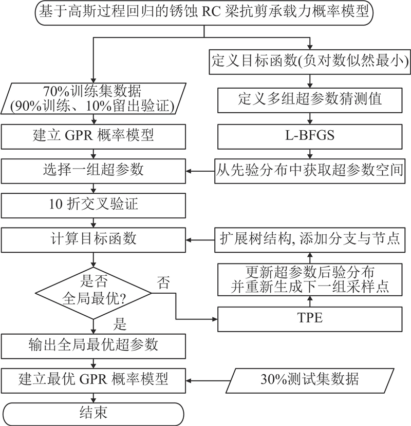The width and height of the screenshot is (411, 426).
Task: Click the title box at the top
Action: [x=204, y=12]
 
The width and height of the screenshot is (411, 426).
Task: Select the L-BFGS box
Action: [x=310, y=136]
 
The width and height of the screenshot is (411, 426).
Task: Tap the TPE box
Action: [x=310, y=318]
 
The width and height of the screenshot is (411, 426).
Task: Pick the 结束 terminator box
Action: [x=93, y=413]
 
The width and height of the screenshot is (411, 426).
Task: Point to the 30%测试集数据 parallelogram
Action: [x=309, y=380]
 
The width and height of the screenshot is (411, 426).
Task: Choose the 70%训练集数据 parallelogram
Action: [x=93, y=97]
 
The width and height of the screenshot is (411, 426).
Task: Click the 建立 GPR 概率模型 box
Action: [x=93, y=136]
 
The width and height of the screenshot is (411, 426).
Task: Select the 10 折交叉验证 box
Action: [x=93, y=205]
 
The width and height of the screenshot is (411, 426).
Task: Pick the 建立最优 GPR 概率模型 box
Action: [x=93, y=380]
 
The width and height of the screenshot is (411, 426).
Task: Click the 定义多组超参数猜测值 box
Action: [x=310, y=99]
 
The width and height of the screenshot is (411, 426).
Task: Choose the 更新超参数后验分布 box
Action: [x=310, y=278]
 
